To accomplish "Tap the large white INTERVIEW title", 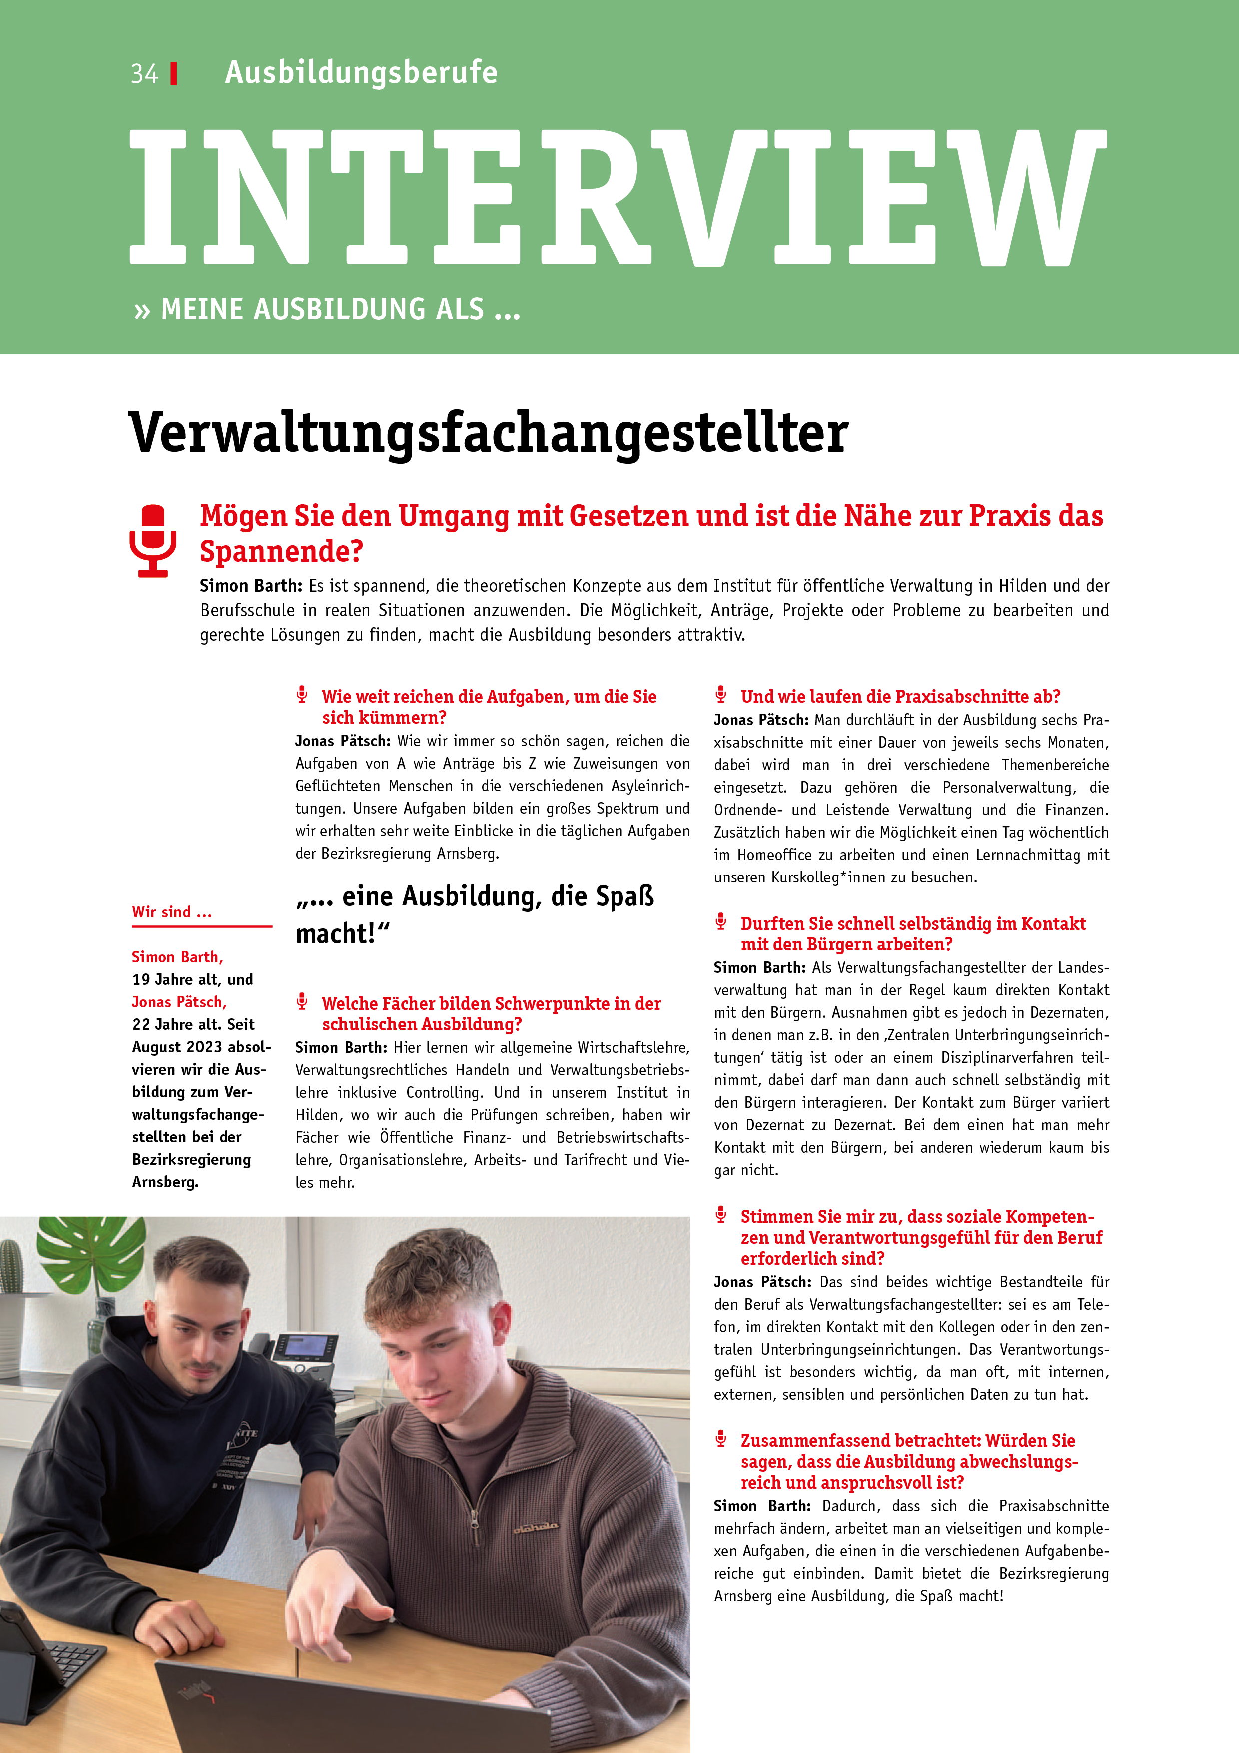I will (617, 198).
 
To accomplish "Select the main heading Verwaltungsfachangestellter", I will (489, 433).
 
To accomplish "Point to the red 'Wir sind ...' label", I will (172, 912).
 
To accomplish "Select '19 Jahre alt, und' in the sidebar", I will (192, 979).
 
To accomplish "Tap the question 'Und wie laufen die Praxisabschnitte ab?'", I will (900, 696).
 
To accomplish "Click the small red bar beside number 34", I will (174, 74).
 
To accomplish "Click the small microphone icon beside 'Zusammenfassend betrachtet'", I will (720, 1439).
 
